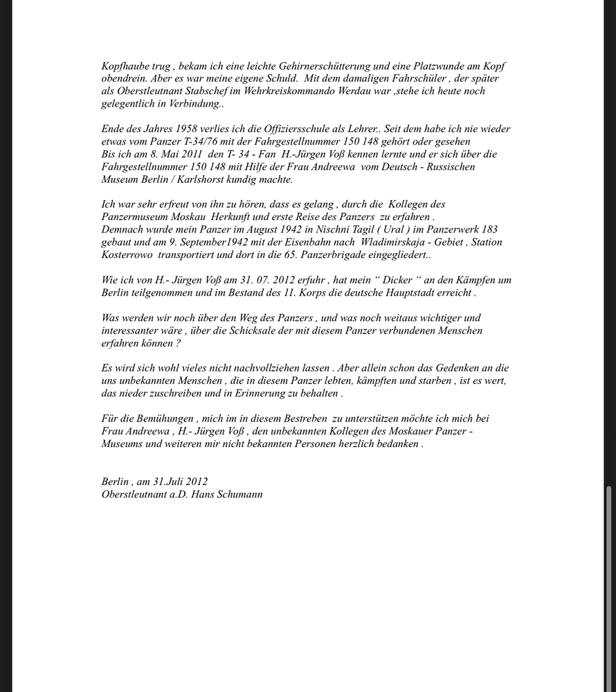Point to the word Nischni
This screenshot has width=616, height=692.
click(x=334, y=230)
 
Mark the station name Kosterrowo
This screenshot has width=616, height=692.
click(x=127, y=255)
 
